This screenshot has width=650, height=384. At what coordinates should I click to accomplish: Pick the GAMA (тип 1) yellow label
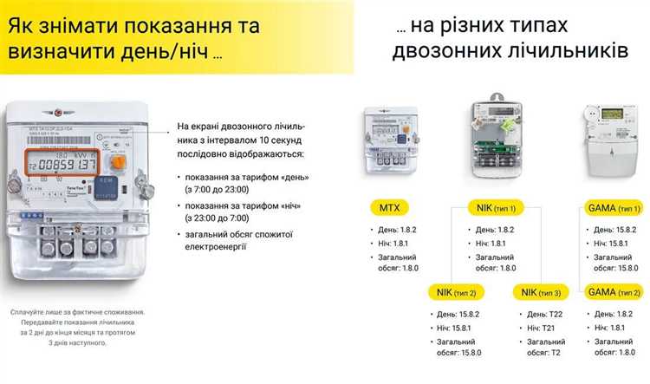(613, 207)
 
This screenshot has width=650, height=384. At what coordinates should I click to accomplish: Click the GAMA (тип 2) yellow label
(613, 292)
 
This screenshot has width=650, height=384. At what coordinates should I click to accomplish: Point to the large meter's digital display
(62, 164)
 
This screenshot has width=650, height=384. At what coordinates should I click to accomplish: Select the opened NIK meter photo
(499, 139)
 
